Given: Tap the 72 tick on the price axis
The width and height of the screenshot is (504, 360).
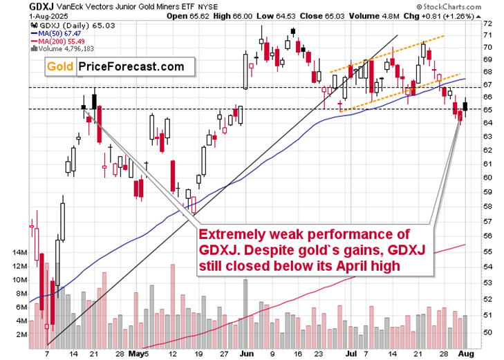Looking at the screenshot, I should point(488,23).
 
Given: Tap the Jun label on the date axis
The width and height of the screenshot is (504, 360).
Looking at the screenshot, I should point(245,353).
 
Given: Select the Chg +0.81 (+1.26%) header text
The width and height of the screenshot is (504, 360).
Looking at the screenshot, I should point(459,17).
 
